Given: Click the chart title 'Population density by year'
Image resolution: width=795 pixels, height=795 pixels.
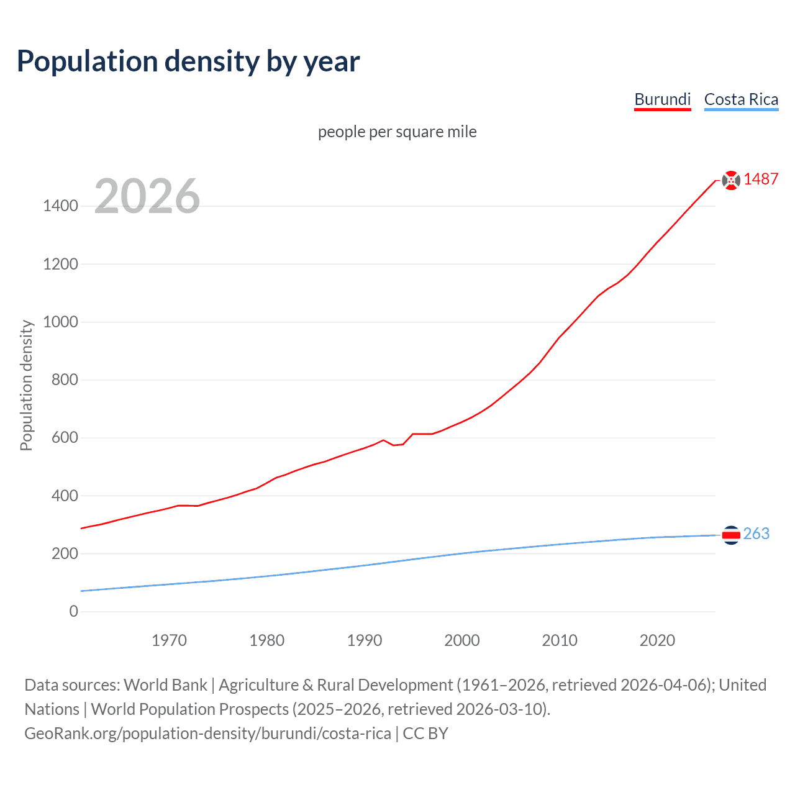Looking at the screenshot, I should pyautogui.click(x=188, y=61).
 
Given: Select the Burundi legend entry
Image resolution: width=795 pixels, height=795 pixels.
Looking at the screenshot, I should pyautogui.click(x=662, y=99).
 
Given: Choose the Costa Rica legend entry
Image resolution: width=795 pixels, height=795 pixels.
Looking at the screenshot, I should pyautogui.click(x=741, y=99).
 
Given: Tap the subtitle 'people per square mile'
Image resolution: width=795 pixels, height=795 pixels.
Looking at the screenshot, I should pyautogui.click(x=397, y=132).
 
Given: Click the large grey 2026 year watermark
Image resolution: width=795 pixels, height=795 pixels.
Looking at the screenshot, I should pyautogui.click(x=147, y=196).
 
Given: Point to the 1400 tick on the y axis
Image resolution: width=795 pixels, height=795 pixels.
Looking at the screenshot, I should pyautogui.click(x=60, y=206).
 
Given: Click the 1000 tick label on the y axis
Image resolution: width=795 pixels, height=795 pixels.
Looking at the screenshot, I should pyautogui.click(x=60, y=322).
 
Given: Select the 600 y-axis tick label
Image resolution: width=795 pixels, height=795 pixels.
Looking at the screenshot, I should pyautogui.click(x=65, y=438).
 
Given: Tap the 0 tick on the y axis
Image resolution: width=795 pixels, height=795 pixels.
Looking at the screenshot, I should pyautogui.click(x=74, y=611).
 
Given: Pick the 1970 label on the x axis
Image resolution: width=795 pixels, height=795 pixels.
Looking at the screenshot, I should pyautogui.click(x=169, y=640).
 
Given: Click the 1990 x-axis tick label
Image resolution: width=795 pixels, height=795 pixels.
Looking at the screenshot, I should pyautogui.click(x=365, y=640).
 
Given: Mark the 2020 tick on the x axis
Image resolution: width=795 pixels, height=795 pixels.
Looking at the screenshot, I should pyautogui.click(x=657, y=640).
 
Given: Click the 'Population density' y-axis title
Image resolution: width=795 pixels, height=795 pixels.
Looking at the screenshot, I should pyautogui.click(x=26, y=385).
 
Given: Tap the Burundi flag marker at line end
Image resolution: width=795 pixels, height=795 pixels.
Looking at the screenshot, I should pyautogui.click(x=731, y=180).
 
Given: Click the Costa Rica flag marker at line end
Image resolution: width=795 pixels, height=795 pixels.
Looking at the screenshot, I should pyautogui.click(x=731, y=535).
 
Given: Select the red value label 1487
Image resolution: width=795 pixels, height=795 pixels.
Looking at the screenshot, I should pyautogui.click(x=761, y=179).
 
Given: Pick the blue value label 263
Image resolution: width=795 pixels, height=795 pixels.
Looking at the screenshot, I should pyautogui.click(x=756, y=534).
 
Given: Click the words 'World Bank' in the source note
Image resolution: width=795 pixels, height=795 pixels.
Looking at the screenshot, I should pyautogui.click(x=165, y=685).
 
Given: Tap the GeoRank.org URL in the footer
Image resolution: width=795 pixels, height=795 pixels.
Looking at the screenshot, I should pyautogui.click(x=207, y=734).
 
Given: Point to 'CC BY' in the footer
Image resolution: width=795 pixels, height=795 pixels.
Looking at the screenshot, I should pyautogui.click(x=425, y=734).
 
